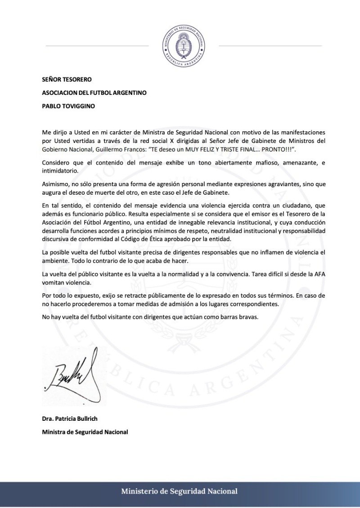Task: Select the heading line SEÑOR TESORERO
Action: tap(67, 80)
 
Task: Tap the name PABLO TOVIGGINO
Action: tap(69, 107)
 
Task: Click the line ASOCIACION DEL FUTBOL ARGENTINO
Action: tap(94, 93)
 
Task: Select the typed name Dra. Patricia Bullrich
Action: tap(69, 419)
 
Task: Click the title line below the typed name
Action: tap(85, 432)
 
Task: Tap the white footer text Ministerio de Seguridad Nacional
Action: tap(179, 491)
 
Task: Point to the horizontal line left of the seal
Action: tap(97, 46)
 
